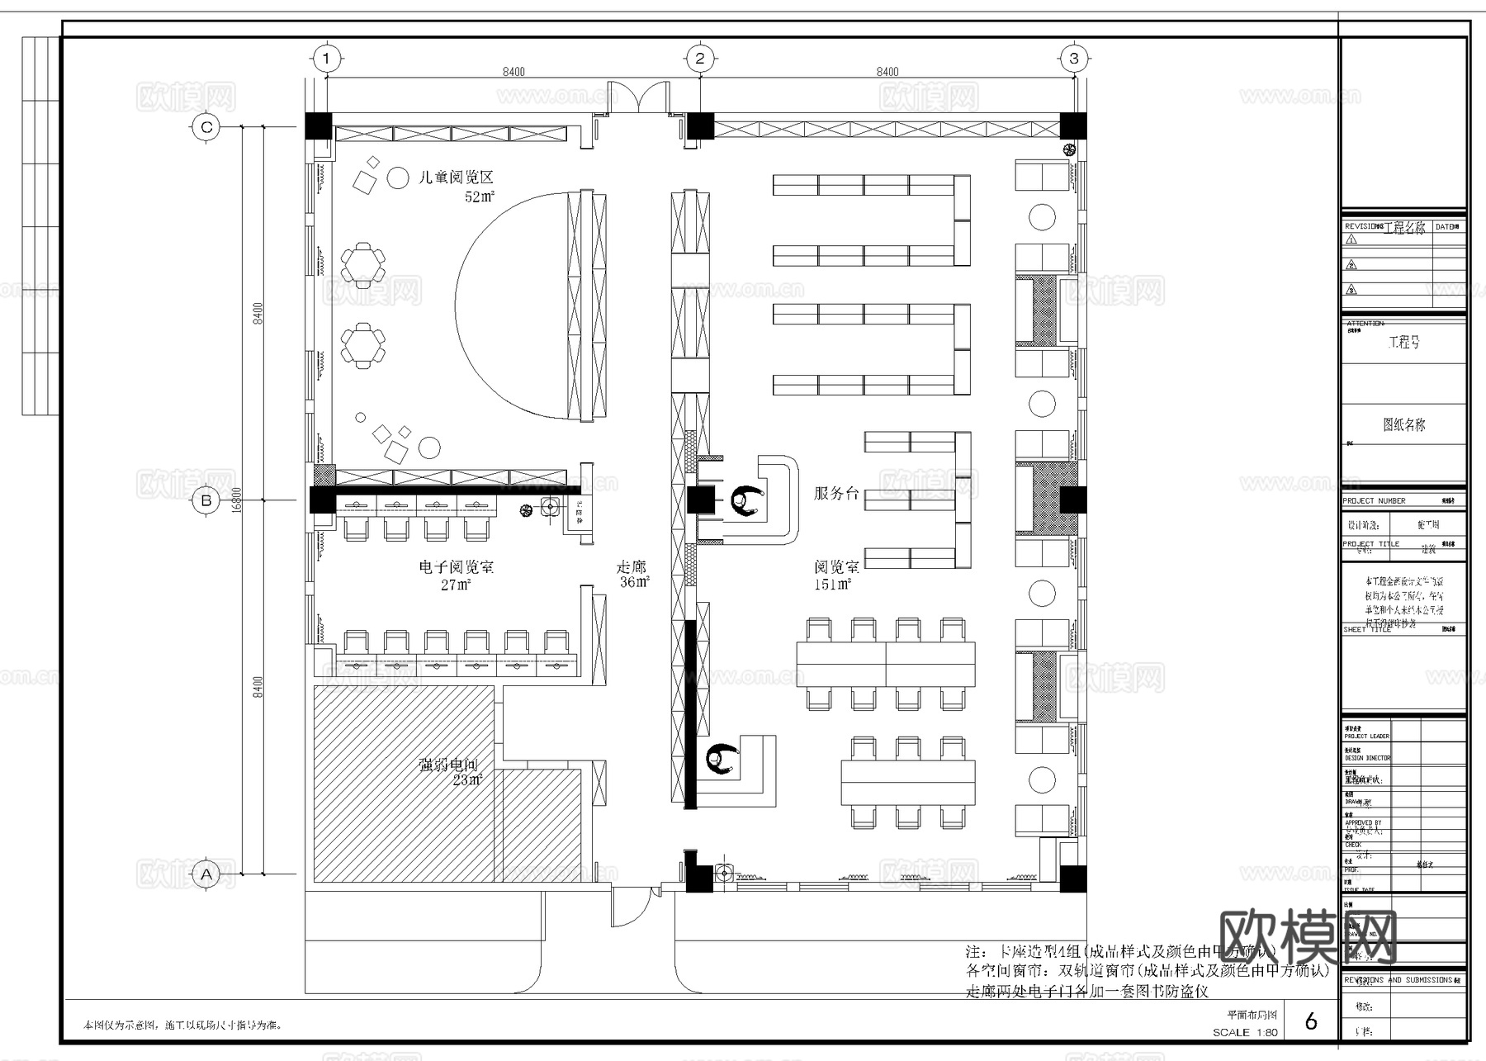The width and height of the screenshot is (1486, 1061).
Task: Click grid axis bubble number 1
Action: click(x=327, y=58)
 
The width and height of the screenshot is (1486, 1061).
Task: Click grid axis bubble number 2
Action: click(x=700, y=58)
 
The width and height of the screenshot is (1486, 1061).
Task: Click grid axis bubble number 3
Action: click(x=1074, y=58)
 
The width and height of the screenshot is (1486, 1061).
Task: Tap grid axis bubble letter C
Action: click(x=206, y=127)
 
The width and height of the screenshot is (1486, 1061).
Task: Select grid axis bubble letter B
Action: click(x=206, y=500)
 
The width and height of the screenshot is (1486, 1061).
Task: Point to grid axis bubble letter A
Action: click(x=206, y=874)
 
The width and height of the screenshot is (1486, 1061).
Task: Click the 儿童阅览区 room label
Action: click(x=456, y=178)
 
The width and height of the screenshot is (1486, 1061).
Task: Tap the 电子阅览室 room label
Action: click(x=457, y=567)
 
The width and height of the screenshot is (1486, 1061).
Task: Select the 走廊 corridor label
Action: click(x=632, y=567)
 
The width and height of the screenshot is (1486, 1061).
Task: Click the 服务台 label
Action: click(x=836, y=494)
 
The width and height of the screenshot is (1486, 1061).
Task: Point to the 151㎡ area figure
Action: click(x=833, y=585)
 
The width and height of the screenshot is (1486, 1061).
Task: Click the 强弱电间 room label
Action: click(x=448, y=765)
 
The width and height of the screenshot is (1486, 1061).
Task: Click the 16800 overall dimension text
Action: click(x=237, y=500)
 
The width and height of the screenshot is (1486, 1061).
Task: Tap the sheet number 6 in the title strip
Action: click(x=1311, y=1021)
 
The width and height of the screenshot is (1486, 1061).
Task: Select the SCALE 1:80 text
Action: click(x=1245, y=1032)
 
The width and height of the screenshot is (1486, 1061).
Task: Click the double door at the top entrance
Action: click(x=638, y=97)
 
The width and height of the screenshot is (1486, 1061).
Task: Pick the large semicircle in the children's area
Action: click(x=512, y=306)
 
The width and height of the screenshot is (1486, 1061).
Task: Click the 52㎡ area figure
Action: click(x=480, y=197)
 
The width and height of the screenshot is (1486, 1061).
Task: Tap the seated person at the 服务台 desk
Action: click(x=748, y=501)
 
